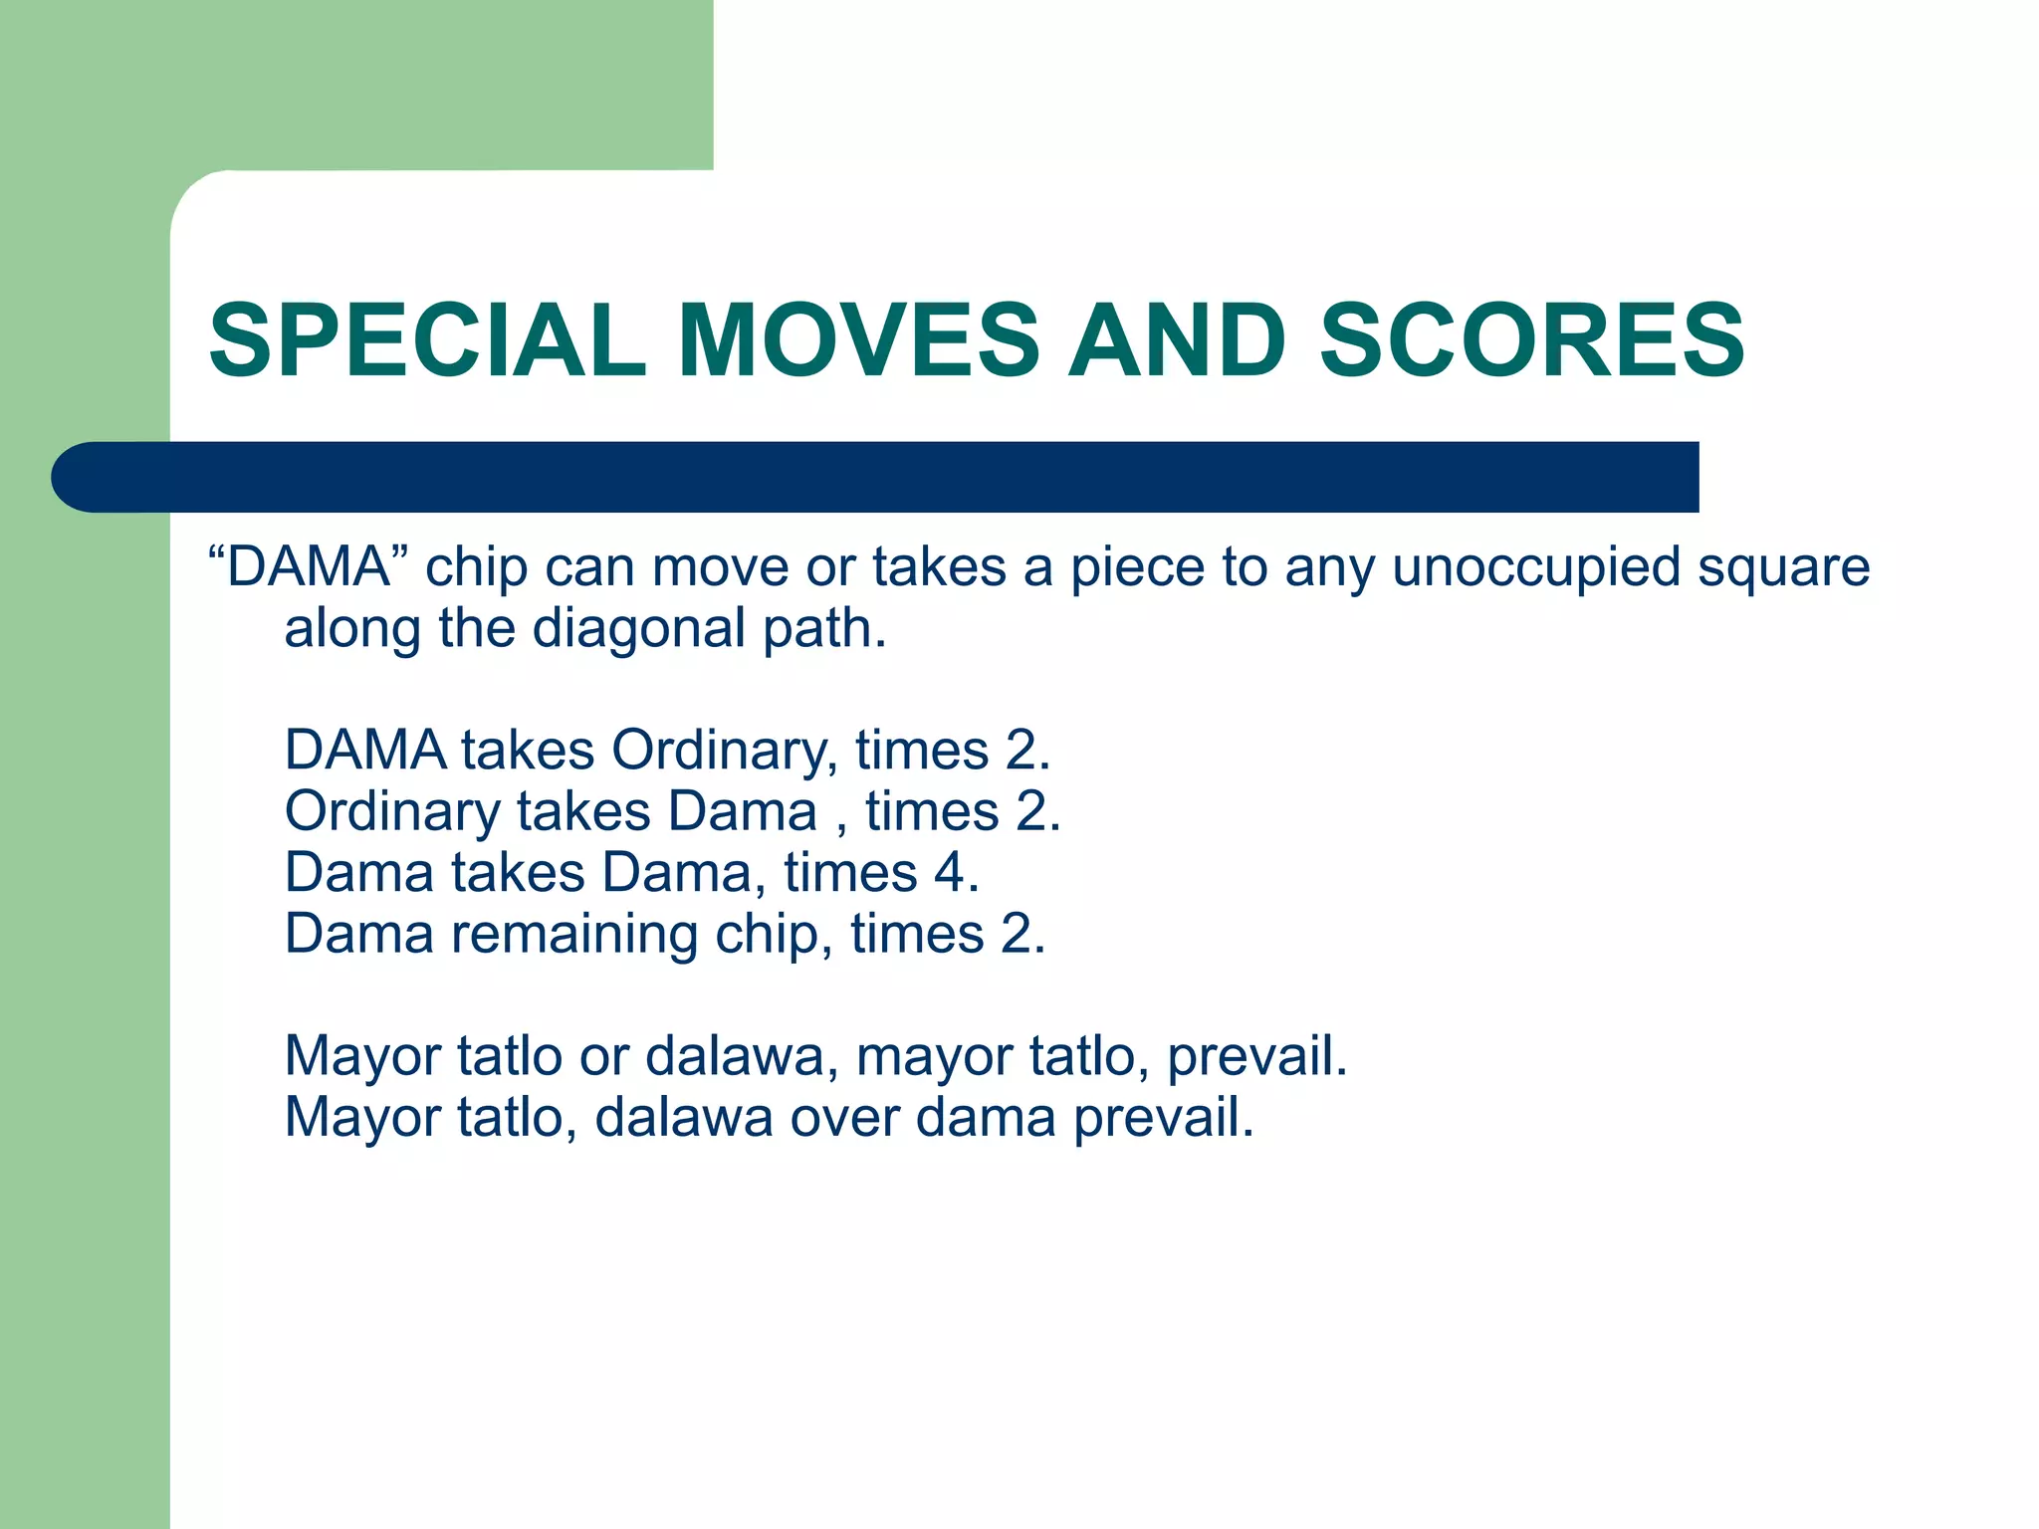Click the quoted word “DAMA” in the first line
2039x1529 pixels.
308,567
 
